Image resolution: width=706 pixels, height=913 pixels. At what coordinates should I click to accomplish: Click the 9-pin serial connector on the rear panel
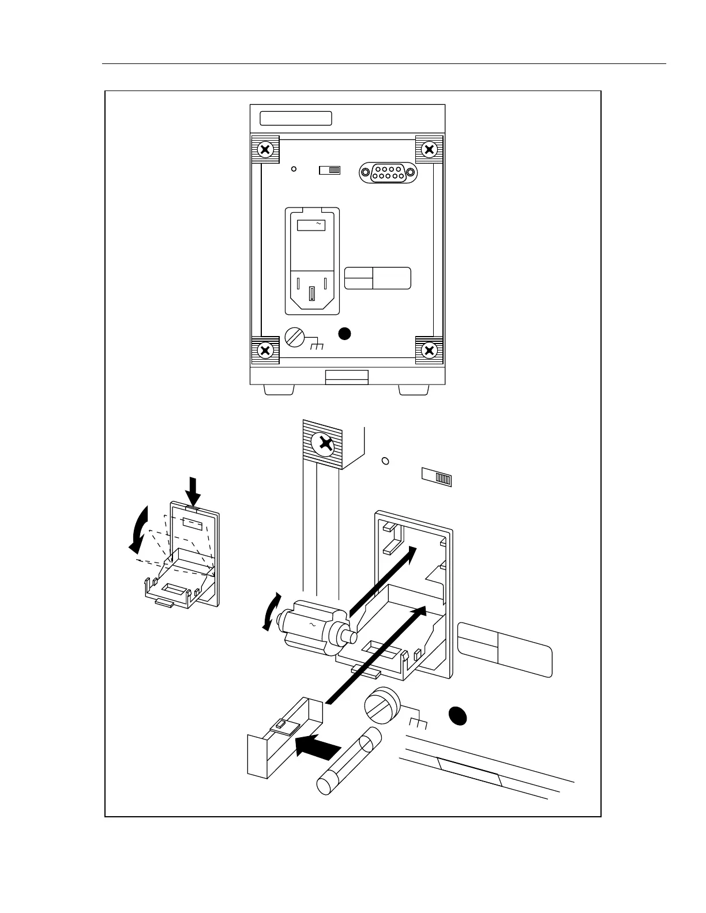388,172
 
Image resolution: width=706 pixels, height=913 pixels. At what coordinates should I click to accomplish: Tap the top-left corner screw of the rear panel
265,150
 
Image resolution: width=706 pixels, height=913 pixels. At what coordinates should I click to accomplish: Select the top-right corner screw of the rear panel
429,150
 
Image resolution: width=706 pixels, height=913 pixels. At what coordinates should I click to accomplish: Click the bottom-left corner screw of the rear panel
265,350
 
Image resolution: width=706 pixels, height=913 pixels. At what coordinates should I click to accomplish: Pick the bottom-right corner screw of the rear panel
429,350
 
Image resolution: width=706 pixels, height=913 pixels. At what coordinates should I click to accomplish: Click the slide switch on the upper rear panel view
330,170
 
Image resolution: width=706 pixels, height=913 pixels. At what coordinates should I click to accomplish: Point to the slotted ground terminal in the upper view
295,337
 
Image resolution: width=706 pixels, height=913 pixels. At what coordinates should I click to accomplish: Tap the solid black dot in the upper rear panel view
344,333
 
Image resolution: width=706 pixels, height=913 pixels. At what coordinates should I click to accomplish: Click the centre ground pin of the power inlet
312,294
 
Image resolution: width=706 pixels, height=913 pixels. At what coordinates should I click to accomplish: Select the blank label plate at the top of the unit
296,118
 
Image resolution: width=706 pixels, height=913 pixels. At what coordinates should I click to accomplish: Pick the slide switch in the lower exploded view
437,477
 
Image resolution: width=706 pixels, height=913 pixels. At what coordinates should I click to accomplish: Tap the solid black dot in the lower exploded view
458,715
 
